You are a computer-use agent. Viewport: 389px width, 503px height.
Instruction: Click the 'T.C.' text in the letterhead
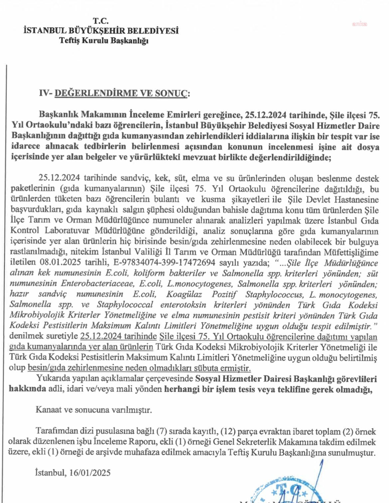(100, 21)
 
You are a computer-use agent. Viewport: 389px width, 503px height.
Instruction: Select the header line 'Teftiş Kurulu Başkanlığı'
(104, 41)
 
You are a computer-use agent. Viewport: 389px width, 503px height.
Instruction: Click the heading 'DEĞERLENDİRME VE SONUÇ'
(121, 93)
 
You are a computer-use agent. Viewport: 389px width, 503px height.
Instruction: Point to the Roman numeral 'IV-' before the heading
(46, 93)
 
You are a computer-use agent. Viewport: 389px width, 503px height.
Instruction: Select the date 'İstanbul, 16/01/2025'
(73, 472)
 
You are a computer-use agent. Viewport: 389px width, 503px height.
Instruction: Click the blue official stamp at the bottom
(286, 489)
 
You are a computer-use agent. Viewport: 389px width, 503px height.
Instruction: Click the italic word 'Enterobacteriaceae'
(94, 284)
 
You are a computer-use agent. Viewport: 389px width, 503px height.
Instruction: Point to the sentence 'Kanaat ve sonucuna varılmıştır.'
(94, 410)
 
